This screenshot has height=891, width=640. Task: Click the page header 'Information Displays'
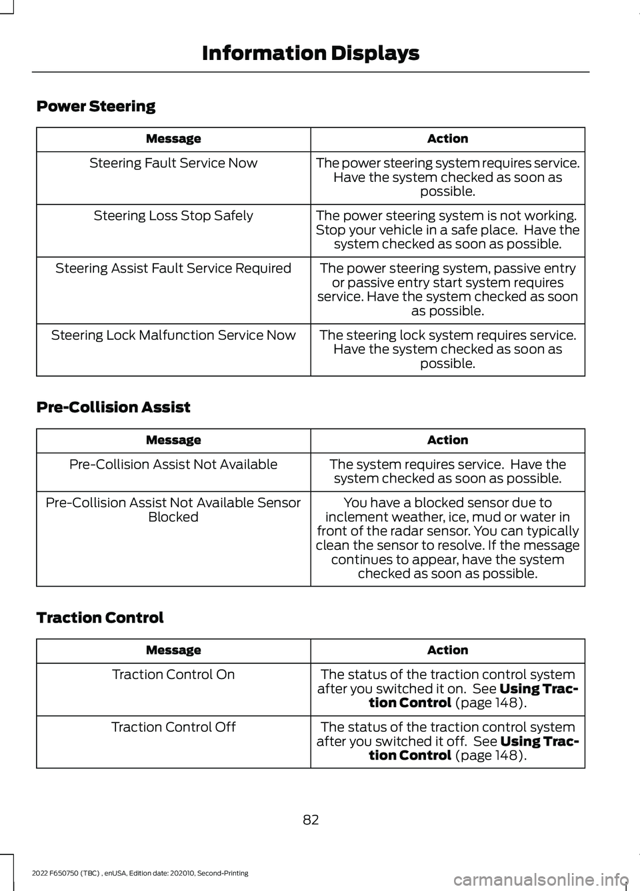[x=310, y=53]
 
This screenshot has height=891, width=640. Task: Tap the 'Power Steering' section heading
[x=96, y=107]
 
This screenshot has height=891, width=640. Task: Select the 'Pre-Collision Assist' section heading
[x=113, y=407]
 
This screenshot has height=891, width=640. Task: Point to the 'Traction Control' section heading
[x=100, y=618]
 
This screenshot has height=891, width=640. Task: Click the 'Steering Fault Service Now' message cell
[x=173, y=163]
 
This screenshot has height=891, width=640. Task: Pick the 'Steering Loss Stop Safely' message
[x=173, y=216]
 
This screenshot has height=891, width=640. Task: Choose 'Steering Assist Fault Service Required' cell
[x=173, y=269]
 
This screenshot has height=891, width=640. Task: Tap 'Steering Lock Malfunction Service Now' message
[x=173, y=335]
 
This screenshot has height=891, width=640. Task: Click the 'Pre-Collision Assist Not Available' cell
[x=173, y=464]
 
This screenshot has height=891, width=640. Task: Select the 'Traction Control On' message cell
[x=173, y=674]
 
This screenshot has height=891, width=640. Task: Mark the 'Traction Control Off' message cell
[x=173, y=727]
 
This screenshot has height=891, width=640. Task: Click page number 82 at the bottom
[x=311, y=820]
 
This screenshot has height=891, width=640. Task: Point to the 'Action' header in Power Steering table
[x=447, y=139]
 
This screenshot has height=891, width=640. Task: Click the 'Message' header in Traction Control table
[x=173, y=650]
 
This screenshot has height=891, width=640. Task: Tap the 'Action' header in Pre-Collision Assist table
[x=447, y=440]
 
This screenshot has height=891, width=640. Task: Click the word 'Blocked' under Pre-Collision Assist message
[x=173, y=517]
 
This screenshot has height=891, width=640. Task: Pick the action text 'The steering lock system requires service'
[x=447, y=335]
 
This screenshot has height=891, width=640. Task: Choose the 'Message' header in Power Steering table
[x=173, y=139]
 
